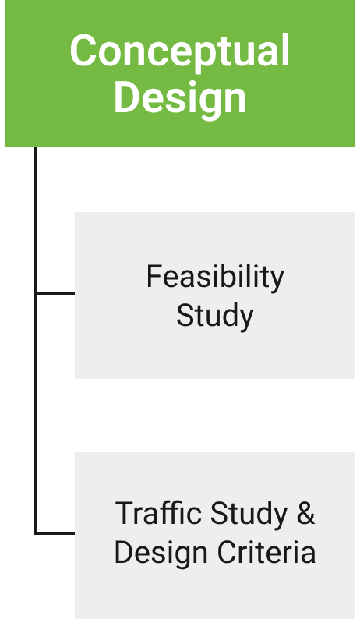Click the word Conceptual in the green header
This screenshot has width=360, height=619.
pos(180,51)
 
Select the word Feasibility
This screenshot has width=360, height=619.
pos(215,278)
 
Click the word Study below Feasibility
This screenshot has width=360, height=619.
pos(215,317)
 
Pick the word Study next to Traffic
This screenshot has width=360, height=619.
pos(249,515)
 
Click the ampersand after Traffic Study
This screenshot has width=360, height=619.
pos(306,513)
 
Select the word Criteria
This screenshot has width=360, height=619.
pos(266,552)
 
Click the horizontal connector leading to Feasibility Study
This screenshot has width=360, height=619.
pos(55,293)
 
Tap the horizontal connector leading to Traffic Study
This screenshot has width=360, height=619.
pos(55,533)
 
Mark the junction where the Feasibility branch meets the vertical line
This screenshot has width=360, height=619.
pos(36,293)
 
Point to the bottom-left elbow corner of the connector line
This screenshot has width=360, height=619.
pos(36,533)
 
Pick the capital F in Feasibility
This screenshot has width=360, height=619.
pos(154,276)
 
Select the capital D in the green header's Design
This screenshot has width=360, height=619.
pos(125,97)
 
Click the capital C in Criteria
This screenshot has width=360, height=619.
pos(228,552)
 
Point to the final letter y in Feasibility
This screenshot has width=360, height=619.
pos(277,282)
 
